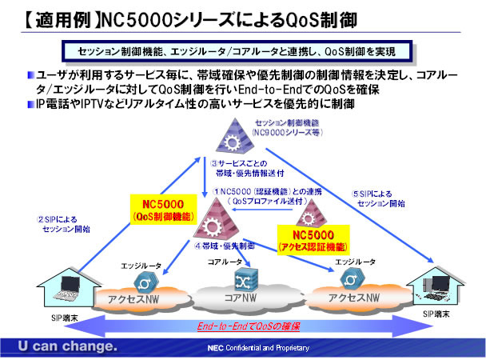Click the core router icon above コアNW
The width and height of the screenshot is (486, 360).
point(241,278)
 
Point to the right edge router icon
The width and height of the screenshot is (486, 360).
point(350,278)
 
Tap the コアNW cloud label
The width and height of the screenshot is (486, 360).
point(240,299)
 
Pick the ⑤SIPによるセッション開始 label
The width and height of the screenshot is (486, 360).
point(382,198)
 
